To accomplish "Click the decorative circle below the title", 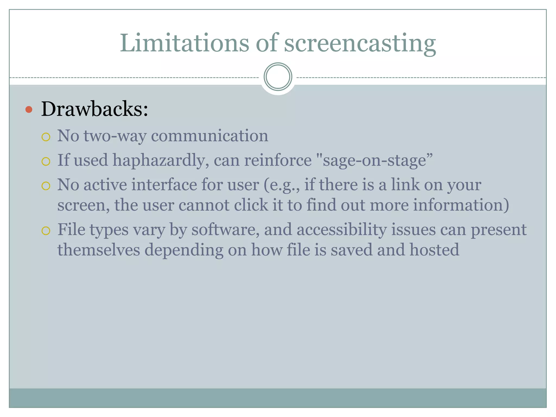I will coord(278,77).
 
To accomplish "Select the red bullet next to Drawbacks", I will coord(29,110).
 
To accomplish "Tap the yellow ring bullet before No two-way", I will coord(46,137).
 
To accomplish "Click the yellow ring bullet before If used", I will coord(46,162).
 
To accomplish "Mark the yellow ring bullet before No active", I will coord(46,186).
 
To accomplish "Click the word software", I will coord(223,230).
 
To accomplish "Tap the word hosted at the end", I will coord(434,250).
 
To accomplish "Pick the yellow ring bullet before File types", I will coord(46,231).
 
